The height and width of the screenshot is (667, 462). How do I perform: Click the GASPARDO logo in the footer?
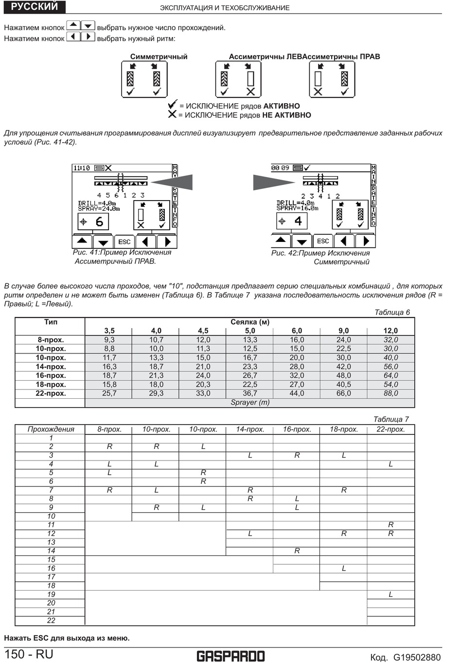pyautogui.click(x=231, y=656)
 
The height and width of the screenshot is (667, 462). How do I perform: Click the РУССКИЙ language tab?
pyautogui.click(x=34, y=6)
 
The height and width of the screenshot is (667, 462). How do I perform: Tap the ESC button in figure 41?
pyautogui.click(x=124, y=241)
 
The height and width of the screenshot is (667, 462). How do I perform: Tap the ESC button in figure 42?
pyautogui.click(x=323, y=241)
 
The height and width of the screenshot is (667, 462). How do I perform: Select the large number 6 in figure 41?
pyautogui.click(x=99, y=222)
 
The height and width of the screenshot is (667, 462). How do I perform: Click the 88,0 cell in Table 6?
pyautogui.click(x=391, y=393)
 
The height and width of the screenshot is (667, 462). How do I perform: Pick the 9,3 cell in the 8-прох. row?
pyautogui.click(x=109, y=340)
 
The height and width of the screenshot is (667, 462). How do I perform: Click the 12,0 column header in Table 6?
pyautogui.click(x=391, y=331)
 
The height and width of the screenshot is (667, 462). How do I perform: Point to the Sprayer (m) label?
pyautogui.click(x=250, y=403)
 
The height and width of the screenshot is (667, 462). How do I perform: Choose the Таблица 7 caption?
pyautogui.click(x=391, y=419)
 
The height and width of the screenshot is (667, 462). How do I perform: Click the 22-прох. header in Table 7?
pyautogui.click(x=391, y=429)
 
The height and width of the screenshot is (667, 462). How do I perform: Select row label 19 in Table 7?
pyautogui.click(x=51, y=594)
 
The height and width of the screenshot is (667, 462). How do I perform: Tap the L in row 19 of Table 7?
pyautogui.click(x=391, y=594)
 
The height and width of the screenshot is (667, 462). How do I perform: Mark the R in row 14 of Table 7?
pyautogui.click(x=297, y=551)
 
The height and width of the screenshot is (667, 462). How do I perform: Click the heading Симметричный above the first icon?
pyautogui.click(x=159, y=56)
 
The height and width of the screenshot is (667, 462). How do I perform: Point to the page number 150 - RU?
pyautogui.click(x=29, y=654)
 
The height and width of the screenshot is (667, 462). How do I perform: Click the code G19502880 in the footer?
pyautogui.click(x=417, y=658)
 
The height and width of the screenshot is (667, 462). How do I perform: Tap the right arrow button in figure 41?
pyautogui.click(x=167, y=241)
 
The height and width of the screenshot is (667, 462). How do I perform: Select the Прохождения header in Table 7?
pyautogui.click(x=51, y=429)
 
